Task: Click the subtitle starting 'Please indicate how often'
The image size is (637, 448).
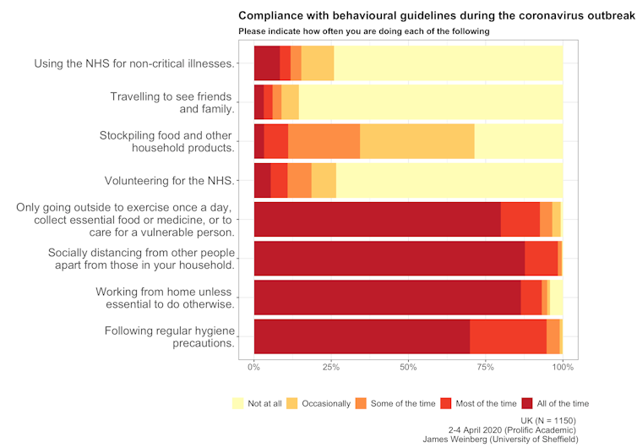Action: click(363, 31)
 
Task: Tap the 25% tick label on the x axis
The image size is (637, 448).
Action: click(331, 367)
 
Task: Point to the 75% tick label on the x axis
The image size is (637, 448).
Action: click(485, 367)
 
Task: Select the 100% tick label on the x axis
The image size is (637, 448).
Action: click(563, 367)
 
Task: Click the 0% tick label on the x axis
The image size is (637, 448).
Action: click(254, 367)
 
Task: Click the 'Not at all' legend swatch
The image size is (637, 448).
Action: click(238, 403)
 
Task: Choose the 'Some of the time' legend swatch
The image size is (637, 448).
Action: click(364, 403)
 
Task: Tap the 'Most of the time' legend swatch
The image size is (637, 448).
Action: click(449, 403)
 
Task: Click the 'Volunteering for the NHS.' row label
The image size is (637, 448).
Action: click(169, 180)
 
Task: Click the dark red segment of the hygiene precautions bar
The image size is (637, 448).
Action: click(362, 336)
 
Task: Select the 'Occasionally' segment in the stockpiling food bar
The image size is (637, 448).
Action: click(417, 141)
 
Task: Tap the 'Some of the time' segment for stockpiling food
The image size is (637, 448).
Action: click(324, 141)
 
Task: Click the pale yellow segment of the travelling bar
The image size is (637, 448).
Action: click(431, 102)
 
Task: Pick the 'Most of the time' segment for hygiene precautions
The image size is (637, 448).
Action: click(508, 336)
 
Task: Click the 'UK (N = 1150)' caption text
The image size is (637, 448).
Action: click(551, 420)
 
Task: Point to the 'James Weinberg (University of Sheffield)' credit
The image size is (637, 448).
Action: click(500, 440)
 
